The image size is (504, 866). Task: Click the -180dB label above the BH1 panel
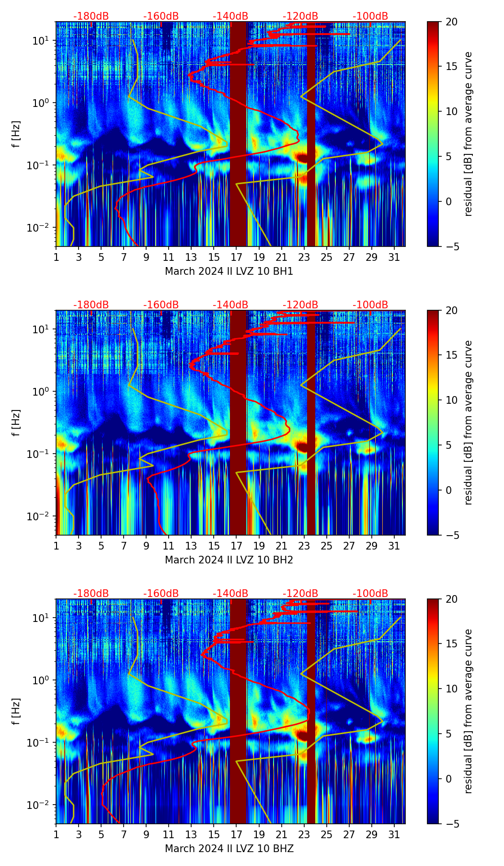[91, 16]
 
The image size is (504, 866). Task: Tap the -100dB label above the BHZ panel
[370, 594]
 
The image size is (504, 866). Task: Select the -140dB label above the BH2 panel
[230, 305]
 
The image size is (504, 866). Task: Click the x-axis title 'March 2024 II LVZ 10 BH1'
[229, 271]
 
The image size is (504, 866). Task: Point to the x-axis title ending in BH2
[229, 560]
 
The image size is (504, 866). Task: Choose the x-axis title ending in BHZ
[229, 849]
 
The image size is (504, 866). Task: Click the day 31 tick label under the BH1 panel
[394, 257]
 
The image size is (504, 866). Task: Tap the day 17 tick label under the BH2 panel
[236, 546]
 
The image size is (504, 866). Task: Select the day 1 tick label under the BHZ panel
[57, 835]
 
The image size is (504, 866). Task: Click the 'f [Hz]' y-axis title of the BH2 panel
[16, 422]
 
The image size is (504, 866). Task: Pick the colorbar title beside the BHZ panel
[468, 711]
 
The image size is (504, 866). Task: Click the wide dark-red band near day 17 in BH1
[238, 134]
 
